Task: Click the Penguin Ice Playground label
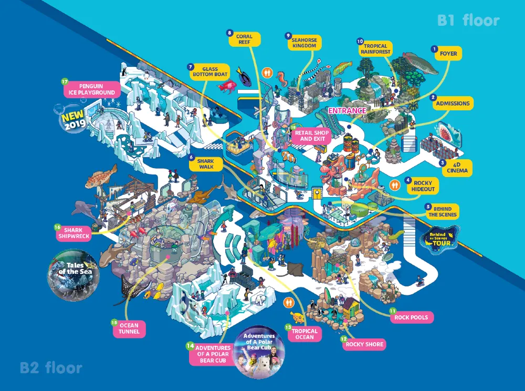point(91,89)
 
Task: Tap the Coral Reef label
point(244,40)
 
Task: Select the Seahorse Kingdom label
point(304,43)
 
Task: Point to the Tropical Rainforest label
point(375,49)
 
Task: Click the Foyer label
point(448,54)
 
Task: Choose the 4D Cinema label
point(457,167)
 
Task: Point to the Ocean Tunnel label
point(129,329)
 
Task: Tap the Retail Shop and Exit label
point(314,136)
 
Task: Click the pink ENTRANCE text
point(347,111)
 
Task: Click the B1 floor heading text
point(468,21)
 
